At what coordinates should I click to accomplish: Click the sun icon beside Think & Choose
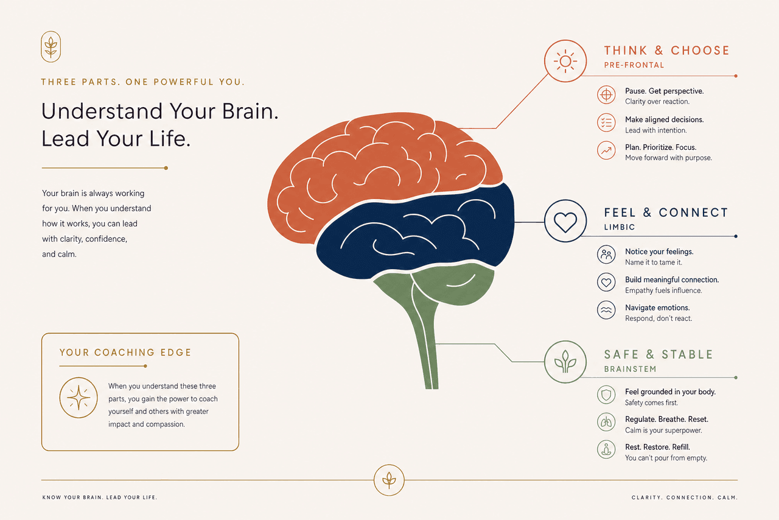coord(565,61)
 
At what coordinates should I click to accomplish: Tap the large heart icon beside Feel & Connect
coord(565,221)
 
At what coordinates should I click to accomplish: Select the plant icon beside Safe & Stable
coord(565,362)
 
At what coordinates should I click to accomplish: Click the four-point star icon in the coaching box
coord(79,398)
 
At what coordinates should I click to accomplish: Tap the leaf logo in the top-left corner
coord(51,47)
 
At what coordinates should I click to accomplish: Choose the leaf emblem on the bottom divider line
coord(389,480)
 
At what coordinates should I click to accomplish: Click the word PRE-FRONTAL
coord(634,65)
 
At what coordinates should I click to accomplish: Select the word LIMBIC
coord(620,227)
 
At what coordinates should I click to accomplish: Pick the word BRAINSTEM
coord(630,369)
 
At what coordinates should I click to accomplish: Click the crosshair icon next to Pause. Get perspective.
coord(606,94)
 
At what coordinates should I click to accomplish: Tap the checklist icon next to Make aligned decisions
coord(606,122)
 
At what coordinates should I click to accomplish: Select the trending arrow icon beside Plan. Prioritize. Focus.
coord(606,150)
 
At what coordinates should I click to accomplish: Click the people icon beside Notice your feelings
coord(606,255)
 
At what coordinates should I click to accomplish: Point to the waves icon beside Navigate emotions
coord(606,310)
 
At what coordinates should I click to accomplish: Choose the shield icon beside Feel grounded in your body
coord(606,395)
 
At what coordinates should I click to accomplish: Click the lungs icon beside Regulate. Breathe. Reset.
coord(606,422)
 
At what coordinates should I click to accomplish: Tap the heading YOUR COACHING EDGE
coord(125,353)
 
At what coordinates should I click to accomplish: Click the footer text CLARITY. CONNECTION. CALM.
coord(685,497)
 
